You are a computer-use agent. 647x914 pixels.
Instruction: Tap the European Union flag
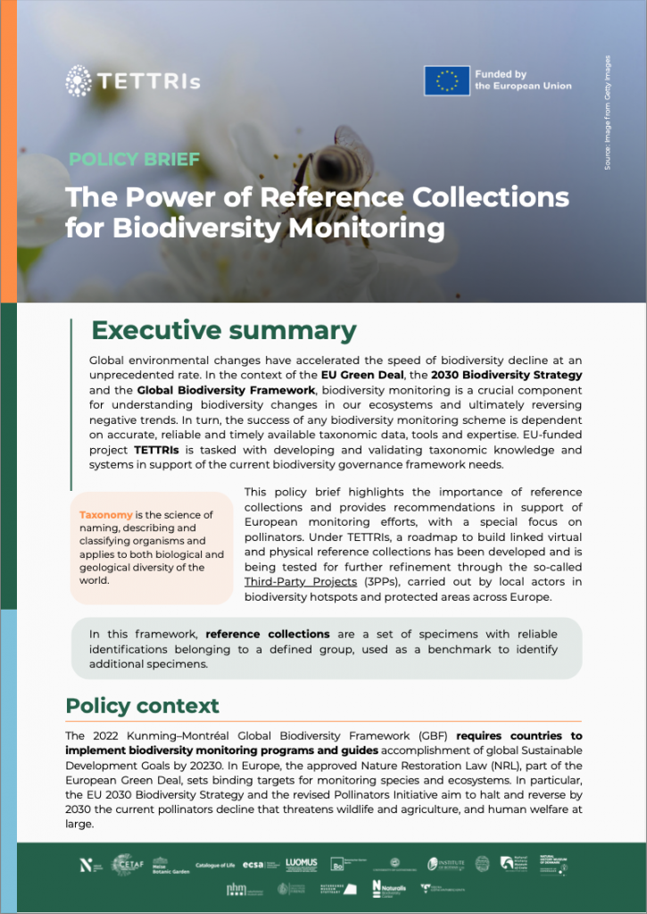(x=446, y=81)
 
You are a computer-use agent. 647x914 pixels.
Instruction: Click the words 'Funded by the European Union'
(x=523, y=80)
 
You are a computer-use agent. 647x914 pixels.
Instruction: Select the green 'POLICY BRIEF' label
(x=134, y=161)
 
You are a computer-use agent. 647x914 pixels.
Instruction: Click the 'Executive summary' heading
(x=224, y=330)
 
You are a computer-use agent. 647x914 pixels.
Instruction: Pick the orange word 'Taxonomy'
(x=106, y=515)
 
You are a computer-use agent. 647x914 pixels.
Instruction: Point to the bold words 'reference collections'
(x=274, y=634)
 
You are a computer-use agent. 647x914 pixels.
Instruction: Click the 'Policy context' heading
(x=142, y=706)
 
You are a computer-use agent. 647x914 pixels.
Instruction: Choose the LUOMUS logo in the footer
(x=302, y=863)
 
